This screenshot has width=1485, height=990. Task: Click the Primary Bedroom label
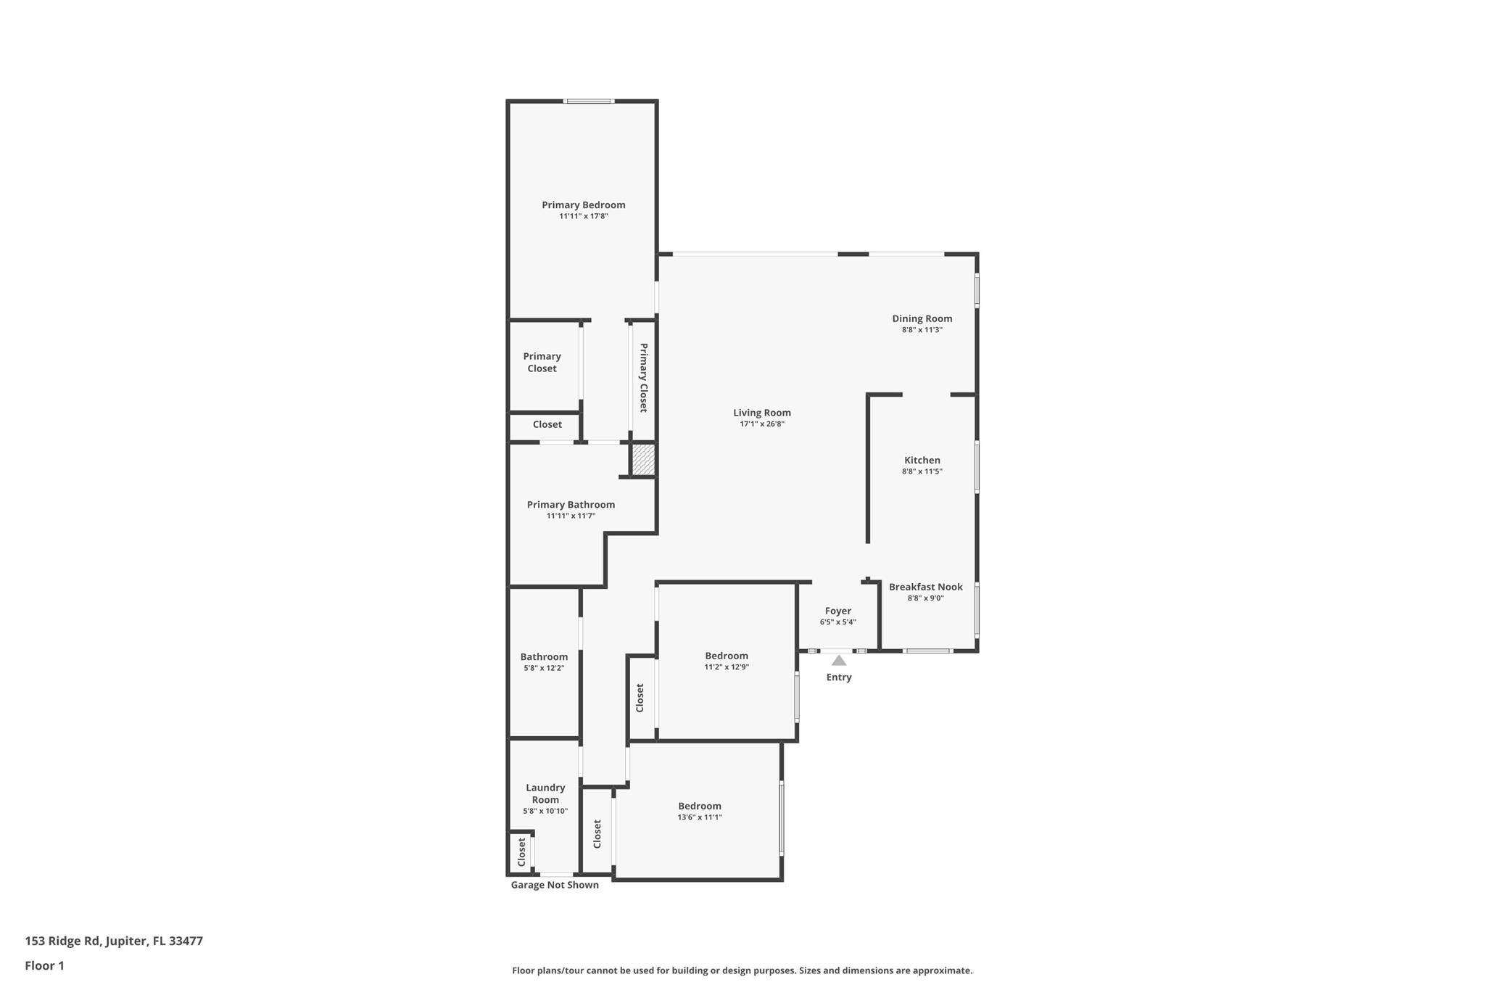click(583, 205)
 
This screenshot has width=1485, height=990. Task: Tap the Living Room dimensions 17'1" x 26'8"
click(761, 424)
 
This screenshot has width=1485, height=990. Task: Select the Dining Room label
click(922, 318)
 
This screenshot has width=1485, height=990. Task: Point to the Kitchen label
click(922, 460)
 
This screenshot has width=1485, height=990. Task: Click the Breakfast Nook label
click(925, 587)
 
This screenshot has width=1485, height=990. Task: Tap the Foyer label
click(837, 611)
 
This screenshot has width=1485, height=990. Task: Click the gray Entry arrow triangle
click(838, 661)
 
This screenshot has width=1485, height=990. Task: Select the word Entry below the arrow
click(838, 677)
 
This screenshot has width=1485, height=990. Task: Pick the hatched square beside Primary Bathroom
click(643, 460)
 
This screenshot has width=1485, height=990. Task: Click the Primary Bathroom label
click(571, 505)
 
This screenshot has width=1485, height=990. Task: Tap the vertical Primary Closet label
click(643, 377)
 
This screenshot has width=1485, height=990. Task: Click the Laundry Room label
click(545, 793)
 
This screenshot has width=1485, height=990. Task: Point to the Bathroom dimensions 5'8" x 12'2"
click(544, 668)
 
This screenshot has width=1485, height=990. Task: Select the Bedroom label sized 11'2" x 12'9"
click(726, 656)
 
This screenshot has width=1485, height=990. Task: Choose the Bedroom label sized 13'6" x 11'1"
click(699, 806)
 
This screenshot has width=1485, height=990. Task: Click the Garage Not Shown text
click(555, 885)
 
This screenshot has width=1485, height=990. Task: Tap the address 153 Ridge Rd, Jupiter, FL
click(114, 941)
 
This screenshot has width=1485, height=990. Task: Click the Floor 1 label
click(44, 965)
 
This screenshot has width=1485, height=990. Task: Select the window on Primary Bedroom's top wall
click(589, 101)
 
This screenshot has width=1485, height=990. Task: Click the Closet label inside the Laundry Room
click(521, 852)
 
